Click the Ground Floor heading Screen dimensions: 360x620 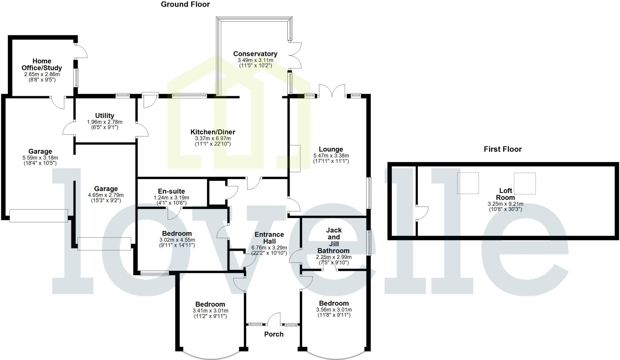(x=185, y=5)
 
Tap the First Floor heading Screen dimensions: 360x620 (x=503, y=149)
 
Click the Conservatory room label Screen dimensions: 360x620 (x=255, y=54)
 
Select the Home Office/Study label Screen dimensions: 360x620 (x=42, y=64)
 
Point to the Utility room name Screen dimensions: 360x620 (x=104, y=116)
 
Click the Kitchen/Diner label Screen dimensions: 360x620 (x=213, y=132)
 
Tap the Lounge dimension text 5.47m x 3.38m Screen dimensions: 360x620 (x=331, y=156)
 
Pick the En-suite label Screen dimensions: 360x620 (x=171, y=191)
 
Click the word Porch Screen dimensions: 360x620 (x=274, y=334)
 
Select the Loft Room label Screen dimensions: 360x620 (x=505, y=194)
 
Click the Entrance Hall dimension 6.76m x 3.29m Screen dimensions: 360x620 (x=269, y=248)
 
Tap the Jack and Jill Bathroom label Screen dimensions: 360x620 (x=333, y=241)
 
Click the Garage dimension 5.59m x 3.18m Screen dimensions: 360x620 (x=40, y=158)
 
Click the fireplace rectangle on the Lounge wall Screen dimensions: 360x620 (x=295, y=159)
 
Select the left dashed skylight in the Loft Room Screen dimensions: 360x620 (x=468, y=183)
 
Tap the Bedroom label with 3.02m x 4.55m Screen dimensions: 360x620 (x=177, y=234)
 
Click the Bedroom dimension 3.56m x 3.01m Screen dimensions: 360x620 (x=334, y=310)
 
